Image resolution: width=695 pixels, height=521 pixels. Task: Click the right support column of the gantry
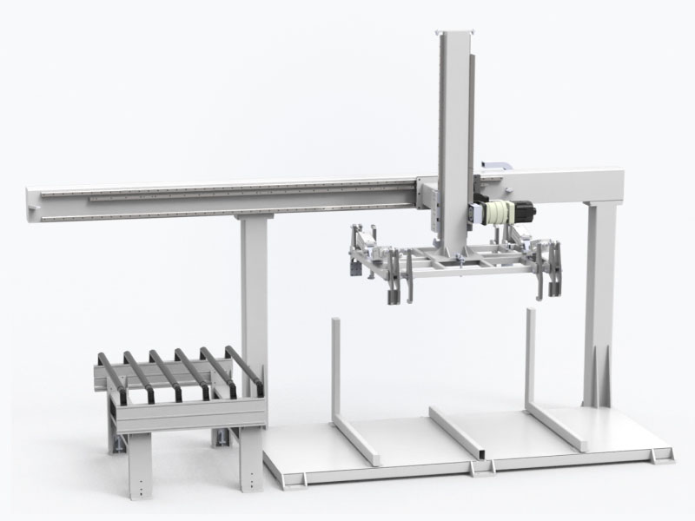(599, 295)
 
